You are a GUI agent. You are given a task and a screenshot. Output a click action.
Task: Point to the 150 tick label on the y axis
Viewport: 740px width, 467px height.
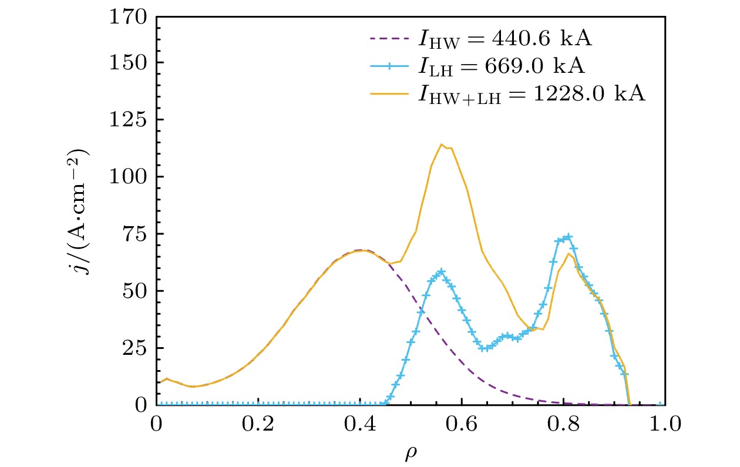[129, 63]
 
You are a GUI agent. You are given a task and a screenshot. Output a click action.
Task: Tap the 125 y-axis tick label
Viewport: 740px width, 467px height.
[129, 120]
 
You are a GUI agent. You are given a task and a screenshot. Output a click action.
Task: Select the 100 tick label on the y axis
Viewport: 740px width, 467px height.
[129, 177]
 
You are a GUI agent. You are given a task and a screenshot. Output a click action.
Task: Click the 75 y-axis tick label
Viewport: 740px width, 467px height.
[134, 234]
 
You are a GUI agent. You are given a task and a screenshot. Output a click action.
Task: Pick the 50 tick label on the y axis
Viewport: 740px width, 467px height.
[134, 291]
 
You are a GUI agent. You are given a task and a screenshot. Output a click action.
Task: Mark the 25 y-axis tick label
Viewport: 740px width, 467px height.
[134, 348]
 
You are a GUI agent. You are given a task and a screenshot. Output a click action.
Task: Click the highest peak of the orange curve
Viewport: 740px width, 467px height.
[442, 145]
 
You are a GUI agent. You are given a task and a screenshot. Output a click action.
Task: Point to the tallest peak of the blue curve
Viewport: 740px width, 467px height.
[567, 237]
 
